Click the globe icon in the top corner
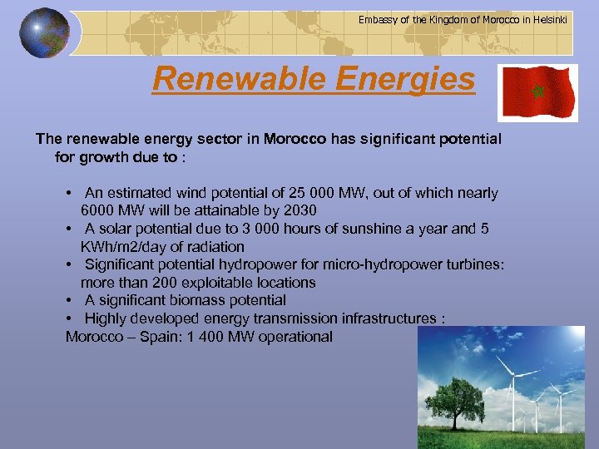coord(45,34)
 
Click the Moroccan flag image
coord(537,91)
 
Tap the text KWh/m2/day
coord(121,247)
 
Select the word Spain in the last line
coord(150,337)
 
